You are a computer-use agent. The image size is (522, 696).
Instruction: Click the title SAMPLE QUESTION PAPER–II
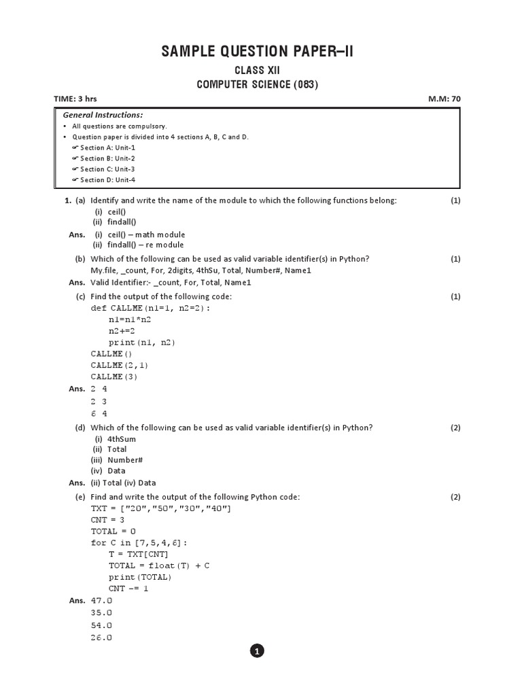[x=257, y=52]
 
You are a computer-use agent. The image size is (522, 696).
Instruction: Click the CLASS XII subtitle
[x=257, y=71]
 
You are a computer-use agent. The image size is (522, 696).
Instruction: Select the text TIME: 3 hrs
[x=75, y=99]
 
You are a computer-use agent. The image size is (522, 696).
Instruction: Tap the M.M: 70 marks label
[x=444, y=99]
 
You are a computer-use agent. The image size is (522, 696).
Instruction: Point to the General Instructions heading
[x=103, y=115]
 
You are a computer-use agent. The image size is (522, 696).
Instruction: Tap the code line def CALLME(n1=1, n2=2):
[x=150, y=308]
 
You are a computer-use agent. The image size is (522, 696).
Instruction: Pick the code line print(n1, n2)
[x=142, y=343]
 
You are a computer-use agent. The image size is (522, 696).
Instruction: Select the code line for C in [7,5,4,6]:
[x=139, y=543]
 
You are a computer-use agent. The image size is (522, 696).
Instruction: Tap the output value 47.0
[x=101, y=601]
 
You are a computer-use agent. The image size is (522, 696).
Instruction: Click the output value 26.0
[x=101, y=638]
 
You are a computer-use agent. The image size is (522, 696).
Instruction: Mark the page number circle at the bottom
[x=257, y=651]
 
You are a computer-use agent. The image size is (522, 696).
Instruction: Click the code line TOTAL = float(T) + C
[x=159, y=565]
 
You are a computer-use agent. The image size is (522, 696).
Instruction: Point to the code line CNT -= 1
[x=128, y=588]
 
